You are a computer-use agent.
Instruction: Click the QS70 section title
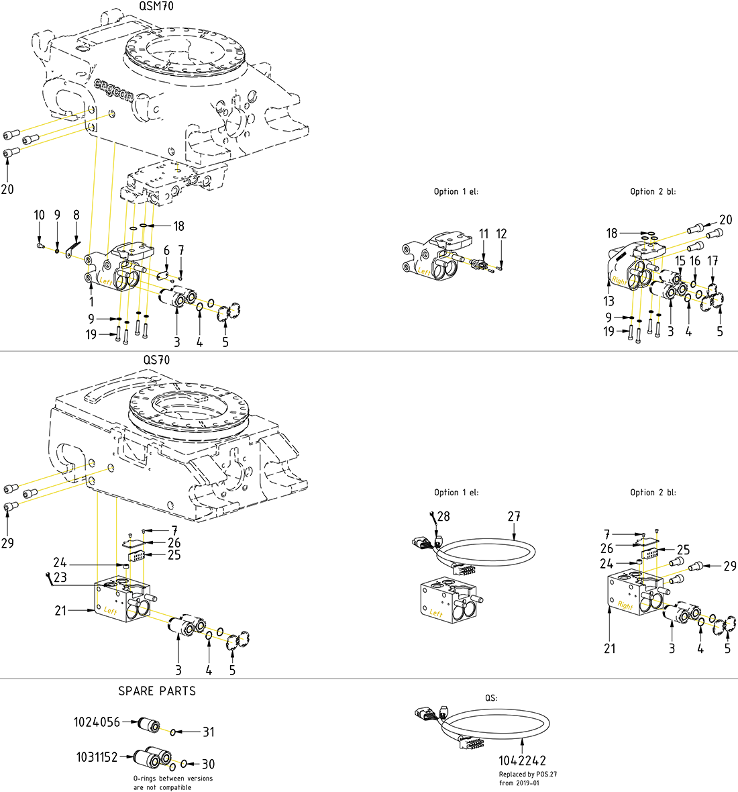click(156, 360)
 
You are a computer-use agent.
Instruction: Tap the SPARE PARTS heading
click(157, 691)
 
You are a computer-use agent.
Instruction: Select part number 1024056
click(97, 722)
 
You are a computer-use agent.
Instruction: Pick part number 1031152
click(97, 757)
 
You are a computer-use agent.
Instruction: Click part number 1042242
click(522, 760)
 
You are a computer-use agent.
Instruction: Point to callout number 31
click(209, 732)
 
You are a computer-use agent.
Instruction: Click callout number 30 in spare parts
click(209, 764)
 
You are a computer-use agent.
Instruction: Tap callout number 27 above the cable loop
click(514, 517)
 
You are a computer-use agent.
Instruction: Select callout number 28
click(443, 517)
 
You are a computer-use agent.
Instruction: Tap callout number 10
click(40, 215)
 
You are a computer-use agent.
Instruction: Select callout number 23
click(60, 577)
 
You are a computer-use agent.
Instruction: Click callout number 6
click(166, 250)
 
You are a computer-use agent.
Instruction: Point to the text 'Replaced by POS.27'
click(528, 774)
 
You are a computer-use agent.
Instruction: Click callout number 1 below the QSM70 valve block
click(92, 303)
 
